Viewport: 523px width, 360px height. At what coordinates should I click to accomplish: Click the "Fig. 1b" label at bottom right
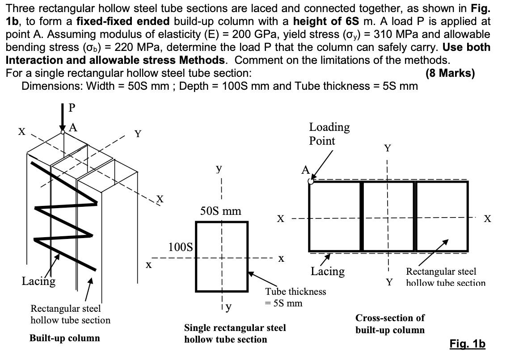[467, 344]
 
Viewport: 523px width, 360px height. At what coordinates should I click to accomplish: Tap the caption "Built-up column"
[64, 338]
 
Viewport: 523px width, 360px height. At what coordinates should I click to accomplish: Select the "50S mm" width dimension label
[220, 211]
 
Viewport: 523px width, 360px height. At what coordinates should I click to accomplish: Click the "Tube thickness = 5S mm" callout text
[295, 297]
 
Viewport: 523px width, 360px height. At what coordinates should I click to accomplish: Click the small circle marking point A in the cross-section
[311, 181]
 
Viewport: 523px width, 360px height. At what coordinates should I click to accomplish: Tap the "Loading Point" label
[329, 134]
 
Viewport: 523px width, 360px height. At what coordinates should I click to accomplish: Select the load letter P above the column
[72, 108]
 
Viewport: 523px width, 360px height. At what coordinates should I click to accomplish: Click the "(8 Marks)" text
[451, 73]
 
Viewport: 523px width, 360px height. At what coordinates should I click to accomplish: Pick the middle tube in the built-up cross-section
[388, 216]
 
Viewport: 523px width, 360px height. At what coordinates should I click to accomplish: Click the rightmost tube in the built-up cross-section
[442, 216]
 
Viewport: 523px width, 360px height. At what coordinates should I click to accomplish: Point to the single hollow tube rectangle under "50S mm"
[222, 256]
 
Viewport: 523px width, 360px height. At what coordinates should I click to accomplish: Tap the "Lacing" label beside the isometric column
[39, 281]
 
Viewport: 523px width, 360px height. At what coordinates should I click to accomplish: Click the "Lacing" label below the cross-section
[328, 271]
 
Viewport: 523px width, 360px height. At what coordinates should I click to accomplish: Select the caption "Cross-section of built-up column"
[390, 324]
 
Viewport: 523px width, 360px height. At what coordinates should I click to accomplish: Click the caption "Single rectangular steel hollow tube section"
[235, 334]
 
